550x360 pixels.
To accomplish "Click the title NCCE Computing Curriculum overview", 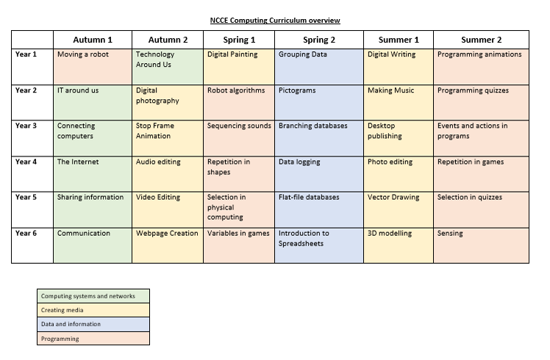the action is click(x=275, y=21).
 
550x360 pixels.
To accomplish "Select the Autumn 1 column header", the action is click(x=93, y=40).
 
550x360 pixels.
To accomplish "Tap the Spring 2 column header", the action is click(x=319, y=40).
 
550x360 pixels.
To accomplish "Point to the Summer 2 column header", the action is click(x=481, y=40).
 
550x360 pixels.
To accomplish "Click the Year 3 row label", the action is click(x=32, y=138).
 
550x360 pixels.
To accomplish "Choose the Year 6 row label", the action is click(x=32, y=245).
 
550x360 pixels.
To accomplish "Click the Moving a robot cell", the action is click(x=93, y=67).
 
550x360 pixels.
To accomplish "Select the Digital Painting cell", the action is click(x=239, y=67).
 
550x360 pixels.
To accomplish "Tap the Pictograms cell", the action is click(x=319, y=102).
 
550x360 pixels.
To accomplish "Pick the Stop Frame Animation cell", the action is click(x=168, y=138).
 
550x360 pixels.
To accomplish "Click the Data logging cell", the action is click(x=319, y=174).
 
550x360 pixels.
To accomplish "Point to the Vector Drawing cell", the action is click(x=399, y=209).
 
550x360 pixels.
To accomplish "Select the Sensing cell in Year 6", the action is click(x=481, y=245).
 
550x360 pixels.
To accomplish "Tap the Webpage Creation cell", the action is click(x=168, y=245).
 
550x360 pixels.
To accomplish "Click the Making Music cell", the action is click(x=399, y=102).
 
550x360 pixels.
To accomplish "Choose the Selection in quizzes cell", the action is click(x=481, y=209).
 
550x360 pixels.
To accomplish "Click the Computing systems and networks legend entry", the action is click(x=93, y=296).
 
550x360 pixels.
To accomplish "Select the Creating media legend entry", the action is click(x=93, y=310).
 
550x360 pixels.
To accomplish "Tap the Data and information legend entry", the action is click(x=93, y=324).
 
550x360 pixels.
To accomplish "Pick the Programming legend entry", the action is click(x=93, y=339).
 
